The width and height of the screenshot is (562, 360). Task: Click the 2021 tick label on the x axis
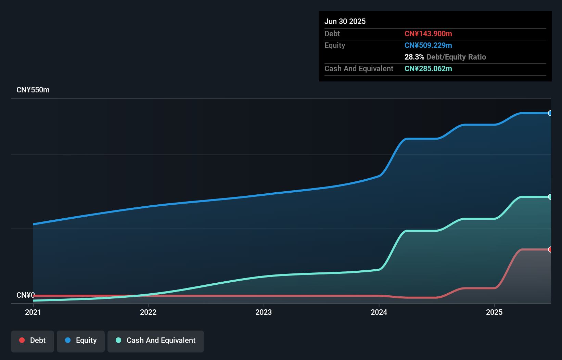pyautogui.click(x=33, y=312)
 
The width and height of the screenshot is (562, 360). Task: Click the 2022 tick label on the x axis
pyautogui.click(x=148, y=312)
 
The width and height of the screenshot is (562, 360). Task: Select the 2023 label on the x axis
pyautogui.click(x=264, y=312)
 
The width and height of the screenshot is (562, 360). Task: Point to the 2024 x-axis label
pyautogui.click(x=379, y=312)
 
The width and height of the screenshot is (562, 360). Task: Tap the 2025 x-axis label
pyautogui.click(x=494, y=312)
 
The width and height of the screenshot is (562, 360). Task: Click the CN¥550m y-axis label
pyautogui.click(x=33, y=90)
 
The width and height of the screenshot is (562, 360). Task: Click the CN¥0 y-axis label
pyautogui.click(x=25, y=295)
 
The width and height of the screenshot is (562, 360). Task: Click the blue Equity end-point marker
pyautogui.click(x=550, y=113)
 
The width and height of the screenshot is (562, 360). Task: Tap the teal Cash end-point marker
pyautogui.click(x=550, y=197)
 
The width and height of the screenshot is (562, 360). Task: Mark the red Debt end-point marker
pyautogui.click(x=550, y=249)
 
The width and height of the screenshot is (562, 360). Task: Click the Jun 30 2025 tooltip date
pyautogui.click(x=345, y=21)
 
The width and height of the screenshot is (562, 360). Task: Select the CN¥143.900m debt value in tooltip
pyautogui.click(x=428, y=34)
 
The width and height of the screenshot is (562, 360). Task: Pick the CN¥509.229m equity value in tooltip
pyautogui.click(x=428, y=45)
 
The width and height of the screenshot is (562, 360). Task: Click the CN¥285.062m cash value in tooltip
pyautogui.click(x=428, y=68)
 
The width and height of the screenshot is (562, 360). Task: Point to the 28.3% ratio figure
pyautogui.click(x=414, y=57)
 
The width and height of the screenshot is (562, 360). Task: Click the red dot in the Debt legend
pyautogui.click(x=22, y=340)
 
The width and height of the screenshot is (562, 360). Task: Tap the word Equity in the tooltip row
pyautogui.click(x=334, y=45)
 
